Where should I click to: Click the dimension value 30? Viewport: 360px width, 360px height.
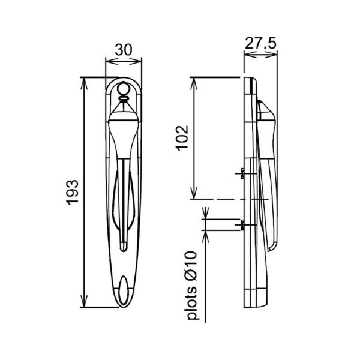click(124, 50)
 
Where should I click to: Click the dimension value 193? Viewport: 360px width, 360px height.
click(73, 193)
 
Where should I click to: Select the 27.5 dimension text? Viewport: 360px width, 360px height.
click(260, 43)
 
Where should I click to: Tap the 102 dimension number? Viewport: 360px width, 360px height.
click(183, 138)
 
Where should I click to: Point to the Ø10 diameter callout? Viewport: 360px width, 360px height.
click(191, 266)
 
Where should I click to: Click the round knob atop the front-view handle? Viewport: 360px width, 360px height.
click(123, 88)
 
